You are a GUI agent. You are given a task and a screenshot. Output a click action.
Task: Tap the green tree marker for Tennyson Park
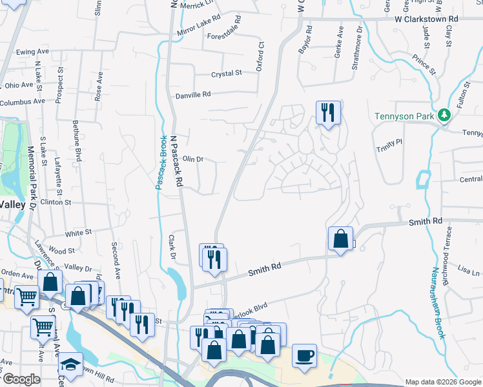click(443, 115)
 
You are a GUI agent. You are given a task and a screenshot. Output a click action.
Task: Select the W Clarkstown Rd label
click(426, 19)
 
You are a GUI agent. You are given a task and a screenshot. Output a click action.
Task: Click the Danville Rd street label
click(193, 95)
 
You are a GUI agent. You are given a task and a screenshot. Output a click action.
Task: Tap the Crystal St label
click(226, 74)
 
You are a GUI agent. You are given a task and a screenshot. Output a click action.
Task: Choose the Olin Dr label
click(193, 158)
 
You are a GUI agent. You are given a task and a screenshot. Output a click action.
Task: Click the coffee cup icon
click(304, 355)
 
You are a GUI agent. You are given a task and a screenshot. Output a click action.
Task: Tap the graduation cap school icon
click(70, 365)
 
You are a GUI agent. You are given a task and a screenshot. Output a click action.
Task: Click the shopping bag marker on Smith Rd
click(340, 239)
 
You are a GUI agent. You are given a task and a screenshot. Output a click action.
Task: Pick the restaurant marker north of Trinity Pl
click(328, 113)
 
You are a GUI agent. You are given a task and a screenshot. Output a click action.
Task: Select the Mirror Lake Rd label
click(198, 25)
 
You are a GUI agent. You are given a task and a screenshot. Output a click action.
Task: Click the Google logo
click(21, 379)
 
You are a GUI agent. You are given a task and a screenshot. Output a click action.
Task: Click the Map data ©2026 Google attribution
click(442, 382)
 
